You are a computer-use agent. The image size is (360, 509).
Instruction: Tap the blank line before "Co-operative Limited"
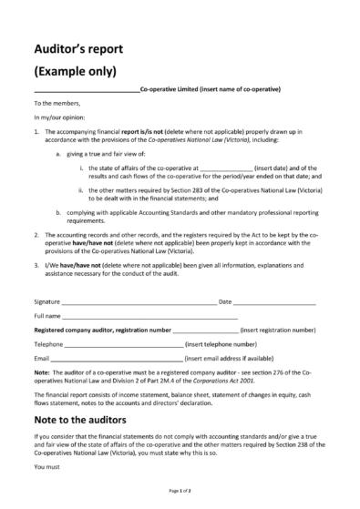[87, 90]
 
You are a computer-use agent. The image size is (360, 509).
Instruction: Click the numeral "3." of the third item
[36, 263]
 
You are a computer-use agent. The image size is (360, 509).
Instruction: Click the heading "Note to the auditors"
[92, 421]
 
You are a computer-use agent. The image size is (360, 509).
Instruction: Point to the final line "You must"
[46, 467]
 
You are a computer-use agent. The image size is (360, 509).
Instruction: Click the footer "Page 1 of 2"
[180, 491]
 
